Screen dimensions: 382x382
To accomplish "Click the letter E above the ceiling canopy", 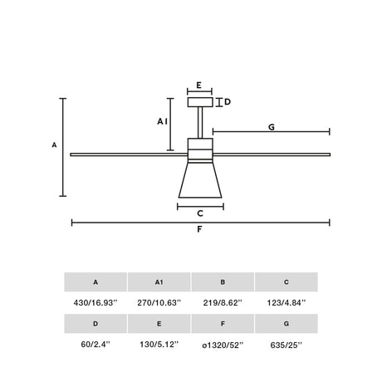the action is [198, 85].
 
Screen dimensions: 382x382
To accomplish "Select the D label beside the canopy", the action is [228, 102].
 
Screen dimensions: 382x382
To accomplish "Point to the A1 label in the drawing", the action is [163, 121].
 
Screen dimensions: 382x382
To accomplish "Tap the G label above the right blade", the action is [272, 127].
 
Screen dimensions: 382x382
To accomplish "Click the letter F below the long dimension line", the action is [199, 229].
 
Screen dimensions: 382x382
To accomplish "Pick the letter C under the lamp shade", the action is [200, 213].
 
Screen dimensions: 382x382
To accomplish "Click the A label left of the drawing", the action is [54, 144].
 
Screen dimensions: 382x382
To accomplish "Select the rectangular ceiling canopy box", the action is [200, 102].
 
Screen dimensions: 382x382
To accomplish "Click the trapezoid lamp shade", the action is [200, 180].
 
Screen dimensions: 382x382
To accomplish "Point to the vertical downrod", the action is [200, 123].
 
